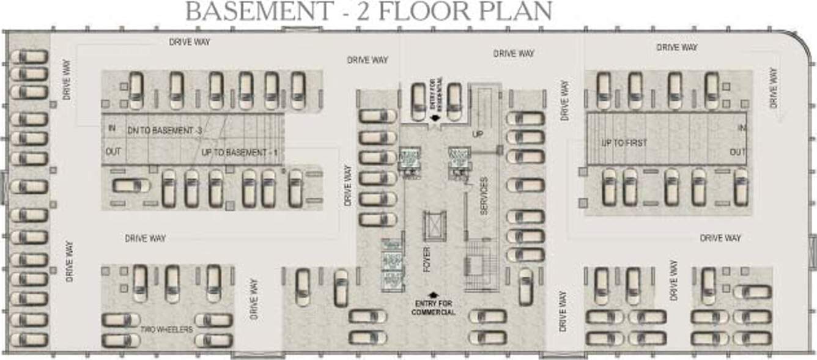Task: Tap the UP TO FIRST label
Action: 624,143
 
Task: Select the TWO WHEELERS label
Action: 166,329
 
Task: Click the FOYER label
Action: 427,259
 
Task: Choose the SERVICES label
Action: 483,196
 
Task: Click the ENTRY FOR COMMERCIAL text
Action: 435,308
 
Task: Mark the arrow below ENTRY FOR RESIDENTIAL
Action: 435,119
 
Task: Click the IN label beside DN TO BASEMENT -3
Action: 111,128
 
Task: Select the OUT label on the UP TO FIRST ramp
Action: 738,152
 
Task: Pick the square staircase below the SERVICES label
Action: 475,266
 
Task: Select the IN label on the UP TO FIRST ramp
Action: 742,128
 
